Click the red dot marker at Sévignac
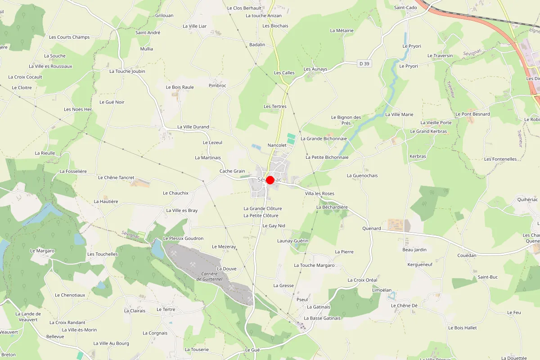[x=270, y=180]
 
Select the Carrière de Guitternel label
[x=209, y=276]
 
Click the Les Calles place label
[x=284, y=73]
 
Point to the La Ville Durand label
[x=193, y=127]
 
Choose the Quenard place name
[x=371, y=229]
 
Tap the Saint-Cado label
[x=405, y=8]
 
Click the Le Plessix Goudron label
[x=183, y=238]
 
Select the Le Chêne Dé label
[x=404, y=306]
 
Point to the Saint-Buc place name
[x=488, y=277]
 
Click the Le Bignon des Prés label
[x=346, y=120]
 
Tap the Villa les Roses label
[x=319, y=193]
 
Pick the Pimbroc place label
[x=217, y=85]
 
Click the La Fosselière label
[x=73, y=171]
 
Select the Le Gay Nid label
[x=274, y=226]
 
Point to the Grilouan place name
[x=164, y=15]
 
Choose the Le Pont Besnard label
[x=472, y=114]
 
